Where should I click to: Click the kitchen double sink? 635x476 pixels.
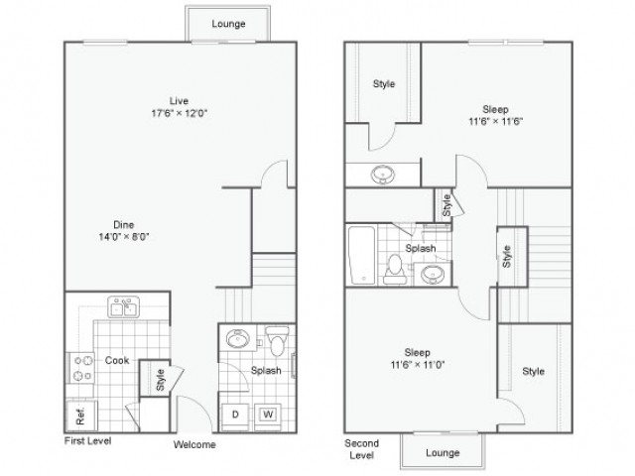tap(123, 306)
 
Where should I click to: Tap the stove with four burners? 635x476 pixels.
tap(82, 368)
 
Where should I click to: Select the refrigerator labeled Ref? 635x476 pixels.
tap(81, 416)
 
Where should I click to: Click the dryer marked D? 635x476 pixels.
tap(235, 416)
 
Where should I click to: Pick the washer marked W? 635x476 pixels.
tap(268, 416)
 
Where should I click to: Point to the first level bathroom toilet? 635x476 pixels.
tap(278, 341)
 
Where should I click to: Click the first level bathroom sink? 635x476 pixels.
tap(238, 338)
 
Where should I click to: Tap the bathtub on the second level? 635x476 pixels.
tap(361, 255)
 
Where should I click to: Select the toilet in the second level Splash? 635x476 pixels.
tap(395, 269)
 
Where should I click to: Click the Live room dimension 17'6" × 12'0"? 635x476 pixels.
tap(179, 113)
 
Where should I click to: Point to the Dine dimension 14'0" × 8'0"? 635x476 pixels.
tap(124, 237)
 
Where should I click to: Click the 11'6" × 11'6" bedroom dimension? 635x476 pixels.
tap(496, 121)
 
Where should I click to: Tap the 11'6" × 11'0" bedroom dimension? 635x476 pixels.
tap(418, 365)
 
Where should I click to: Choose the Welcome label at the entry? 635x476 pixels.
tap(194, 445)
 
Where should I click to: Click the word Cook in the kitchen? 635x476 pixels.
tap(117, 360)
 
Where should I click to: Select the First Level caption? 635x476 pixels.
tap(87, 440)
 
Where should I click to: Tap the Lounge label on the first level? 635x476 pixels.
tap(228, 24)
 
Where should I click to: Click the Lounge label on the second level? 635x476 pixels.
tap(443, 453)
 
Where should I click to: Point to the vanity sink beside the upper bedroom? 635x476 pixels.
tap(383, 175)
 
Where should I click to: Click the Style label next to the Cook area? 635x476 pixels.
tap(161, 380)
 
